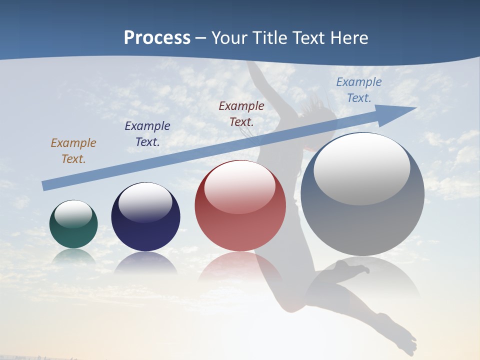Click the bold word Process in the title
tap(157, 38)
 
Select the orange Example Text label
tap(73, 151)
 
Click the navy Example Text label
tap(147, 134)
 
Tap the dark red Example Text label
tap(241, 113)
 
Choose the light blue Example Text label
tap(359, 90)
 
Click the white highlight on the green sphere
tap(73, 213)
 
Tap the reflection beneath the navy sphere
tap(145, 263)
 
